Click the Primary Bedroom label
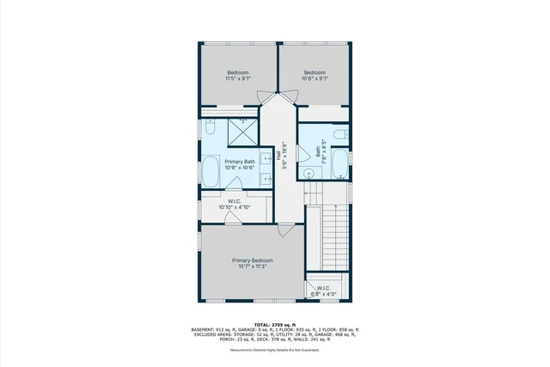[252, 260]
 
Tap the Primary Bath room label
[240, 162]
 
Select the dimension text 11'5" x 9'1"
[238, 79]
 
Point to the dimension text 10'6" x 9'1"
[315, 79]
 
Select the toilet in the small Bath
[341, 134]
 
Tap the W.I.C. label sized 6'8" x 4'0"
[324, 291]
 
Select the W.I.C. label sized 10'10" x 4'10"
[234, 205]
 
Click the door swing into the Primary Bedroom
[285, 230]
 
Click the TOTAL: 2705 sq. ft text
[275, 324]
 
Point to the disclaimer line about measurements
[275, 350]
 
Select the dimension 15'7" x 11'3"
[252, 266]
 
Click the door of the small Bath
[302, 155]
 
